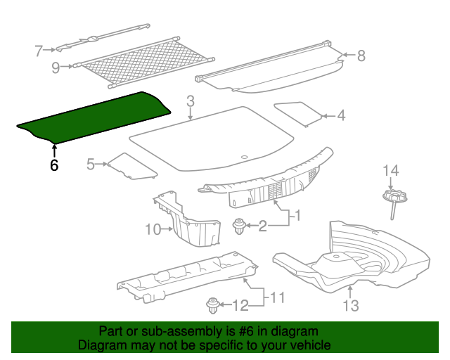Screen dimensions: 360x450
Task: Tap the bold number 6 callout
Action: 53,166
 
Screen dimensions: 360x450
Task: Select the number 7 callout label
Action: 39,51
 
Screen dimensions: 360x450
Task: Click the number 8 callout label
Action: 361,56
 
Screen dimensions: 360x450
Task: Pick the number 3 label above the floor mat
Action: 190,103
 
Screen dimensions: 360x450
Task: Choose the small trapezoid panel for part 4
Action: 298,112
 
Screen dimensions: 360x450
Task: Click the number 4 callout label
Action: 341,116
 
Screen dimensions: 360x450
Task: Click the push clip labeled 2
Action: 240,226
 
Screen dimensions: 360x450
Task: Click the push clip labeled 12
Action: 212,305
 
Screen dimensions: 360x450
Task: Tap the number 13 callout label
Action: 350,305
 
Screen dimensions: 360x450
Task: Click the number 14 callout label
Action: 390,170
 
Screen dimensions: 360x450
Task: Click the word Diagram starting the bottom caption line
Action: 100,345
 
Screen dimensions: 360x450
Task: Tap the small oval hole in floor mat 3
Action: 244,157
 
